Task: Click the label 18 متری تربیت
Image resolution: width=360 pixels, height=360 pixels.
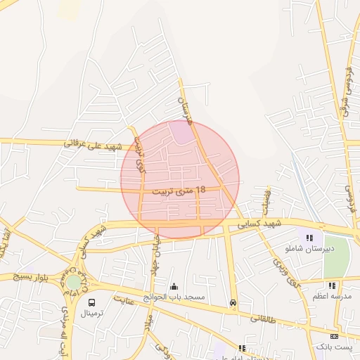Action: click(181, 190)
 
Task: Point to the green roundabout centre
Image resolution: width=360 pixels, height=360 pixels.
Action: click(73, 282)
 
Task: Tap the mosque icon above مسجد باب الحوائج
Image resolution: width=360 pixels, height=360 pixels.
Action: click(174, 287)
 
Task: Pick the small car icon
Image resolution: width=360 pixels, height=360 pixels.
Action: click(233, 303)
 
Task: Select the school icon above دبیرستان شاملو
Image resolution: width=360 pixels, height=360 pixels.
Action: click(309, 238)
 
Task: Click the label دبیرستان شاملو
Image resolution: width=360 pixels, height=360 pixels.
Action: click(304, 249)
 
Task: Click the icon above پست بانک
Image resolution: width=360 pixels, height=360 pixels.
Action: click(343, 336)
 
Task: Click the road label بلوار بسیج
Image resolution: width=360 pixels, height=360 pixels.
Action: click(25, 277)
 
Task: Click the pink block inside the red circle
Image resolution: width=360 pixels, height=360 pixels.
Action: click(181, 133)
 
